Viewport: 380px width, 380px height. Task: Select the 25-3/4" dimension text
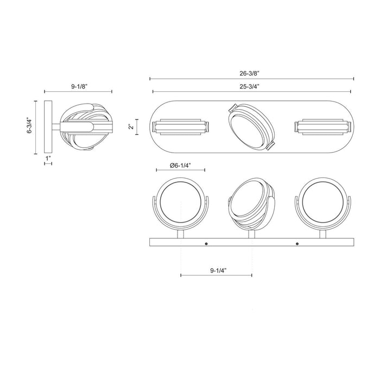coord(252,86)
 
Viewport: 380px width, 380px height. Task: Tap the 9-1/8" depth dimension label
coord(78,85)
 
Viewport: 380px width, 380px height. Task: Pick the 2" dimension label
coord(130,127)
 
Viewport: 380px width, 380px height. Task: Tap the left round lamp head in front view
coord(180,202)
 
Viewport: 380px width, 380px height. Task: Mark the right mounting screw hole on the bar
coord(297,244)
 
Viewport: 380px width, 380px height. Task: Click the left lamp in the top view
coord(180,128)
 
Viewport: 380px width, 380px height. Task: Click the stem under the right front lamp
coord(323,234)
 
